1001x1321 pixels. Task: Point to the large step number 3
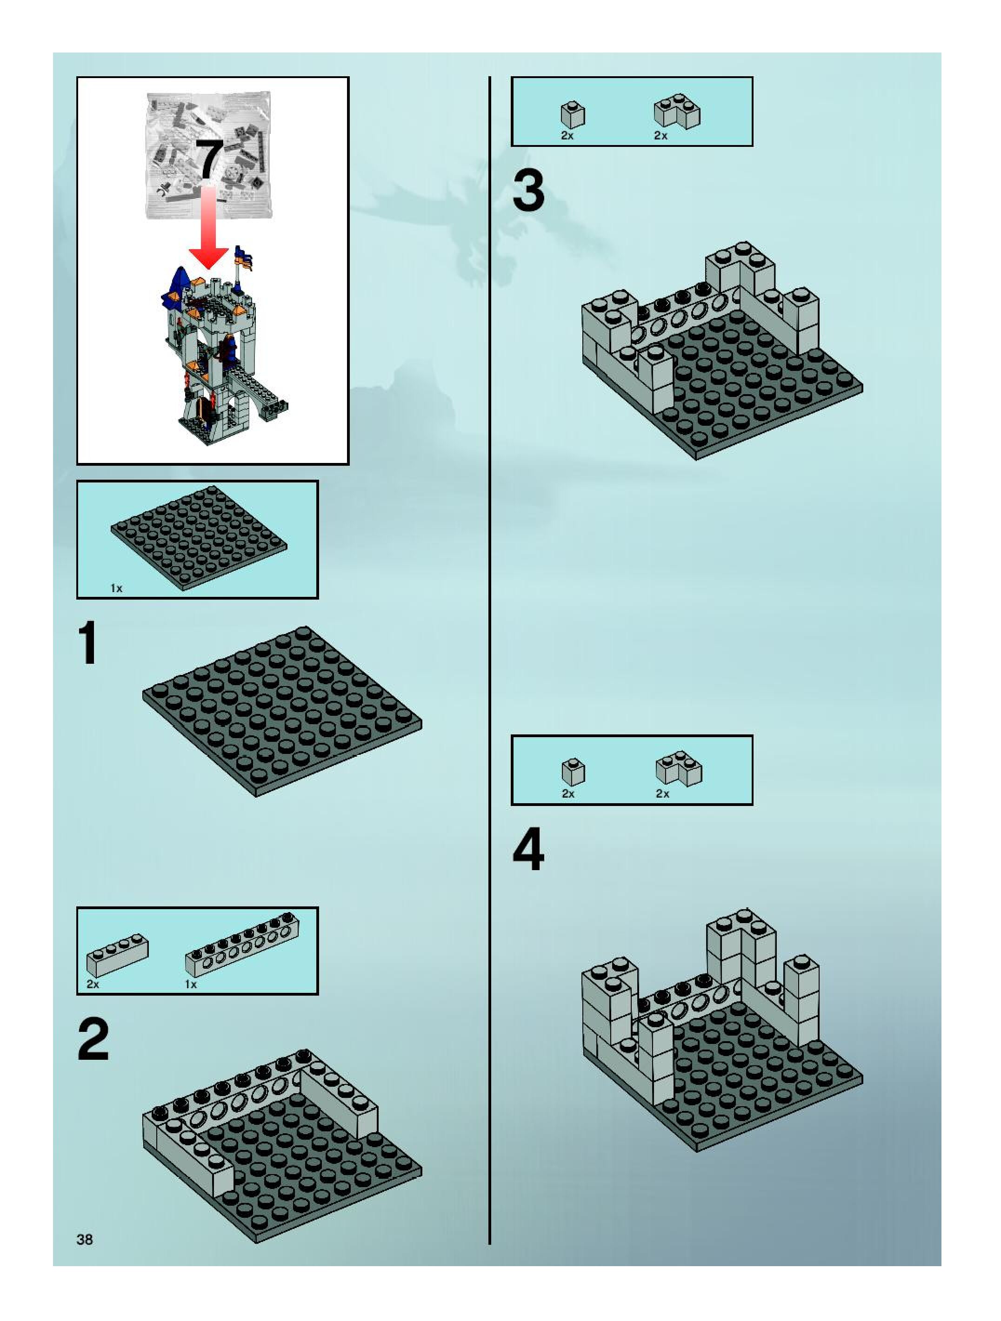[x=529, y=191]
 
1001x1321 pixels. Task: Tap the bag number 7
[x=210, y=158]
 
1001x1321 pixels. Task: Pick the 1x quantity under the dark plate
[x=117, y=589]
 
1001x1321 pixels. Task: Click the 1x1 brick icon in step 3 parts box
[x=573, y=115]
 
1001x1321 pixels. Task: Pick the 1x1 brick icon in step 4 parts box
[x=574, y=772]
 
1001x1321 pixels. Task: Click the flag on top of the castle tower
[x=245, y=258]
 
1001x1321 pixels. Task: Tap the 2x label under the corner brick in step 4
[x=663, y=794]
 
